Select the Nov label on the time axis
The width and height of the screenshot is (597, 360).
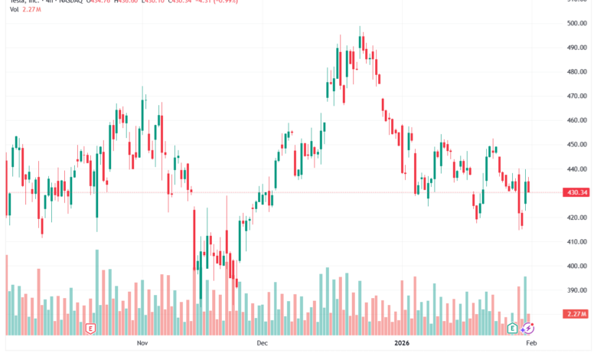point(141,345)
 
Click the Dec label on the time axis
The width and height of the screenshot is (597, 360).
point(263,345)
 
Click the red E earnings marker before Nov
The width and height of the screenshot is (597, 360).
point(91,329)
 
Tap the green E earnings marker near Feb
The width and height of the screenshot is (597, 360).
point(514,329)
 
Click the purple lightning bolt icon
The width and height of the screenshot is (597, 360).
point(527,329)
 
